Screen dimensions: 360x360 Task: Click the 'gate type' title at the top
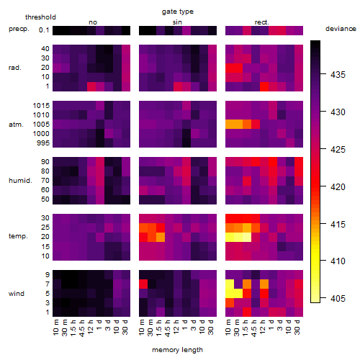click(x=178, y=12)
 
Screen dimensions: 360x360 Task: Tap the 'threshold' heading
click(x=40, y=17)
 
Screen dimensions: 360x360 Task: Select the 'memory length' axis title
click(x=177, y=350)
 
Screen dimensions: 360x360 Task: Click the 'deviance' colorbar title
click(x=341, y=29)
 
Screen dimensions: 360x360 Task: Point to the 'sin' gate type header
click(x=177, y=22)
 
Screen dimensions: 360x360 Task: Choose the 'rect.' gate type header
click(x=261, y=22)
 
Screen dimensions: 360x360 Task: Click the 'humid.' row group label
click(x=20, y=181)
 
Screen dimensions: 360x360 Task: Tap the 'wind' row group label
click(x=17, y=294)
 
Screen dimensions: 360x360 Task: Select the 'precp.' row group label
click(x=19, y=29)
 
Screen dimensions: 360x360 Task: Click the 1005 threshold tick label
click(x=41, y=125)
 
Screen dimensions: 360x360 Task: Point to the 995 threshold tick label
click(x=43, y=143)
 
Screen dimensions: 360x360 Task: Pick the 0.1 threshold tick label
click(x=44, y=30)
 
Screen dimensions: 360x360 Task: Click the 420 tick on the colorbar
click(x=338, y=186)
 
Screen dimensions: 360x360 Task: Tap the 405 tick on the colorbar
click(x=338, y=298)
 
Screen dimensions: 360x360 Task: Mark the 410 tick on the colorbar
click(x=338, y=261)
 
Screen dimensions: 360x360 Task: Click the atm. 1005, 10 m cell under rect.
click(x=230, y=125)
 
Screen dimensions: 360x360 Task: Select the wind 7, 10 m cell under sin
click(x=143, y=284)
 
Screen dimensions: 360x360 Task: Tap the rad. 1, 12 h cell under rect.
click(x=264, y=86)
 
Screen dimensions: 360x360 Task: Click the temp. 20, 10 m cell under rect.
click(x=230, y=237)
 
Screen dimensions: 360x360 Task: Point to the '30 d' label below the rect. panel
click(x=297, y=327)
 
